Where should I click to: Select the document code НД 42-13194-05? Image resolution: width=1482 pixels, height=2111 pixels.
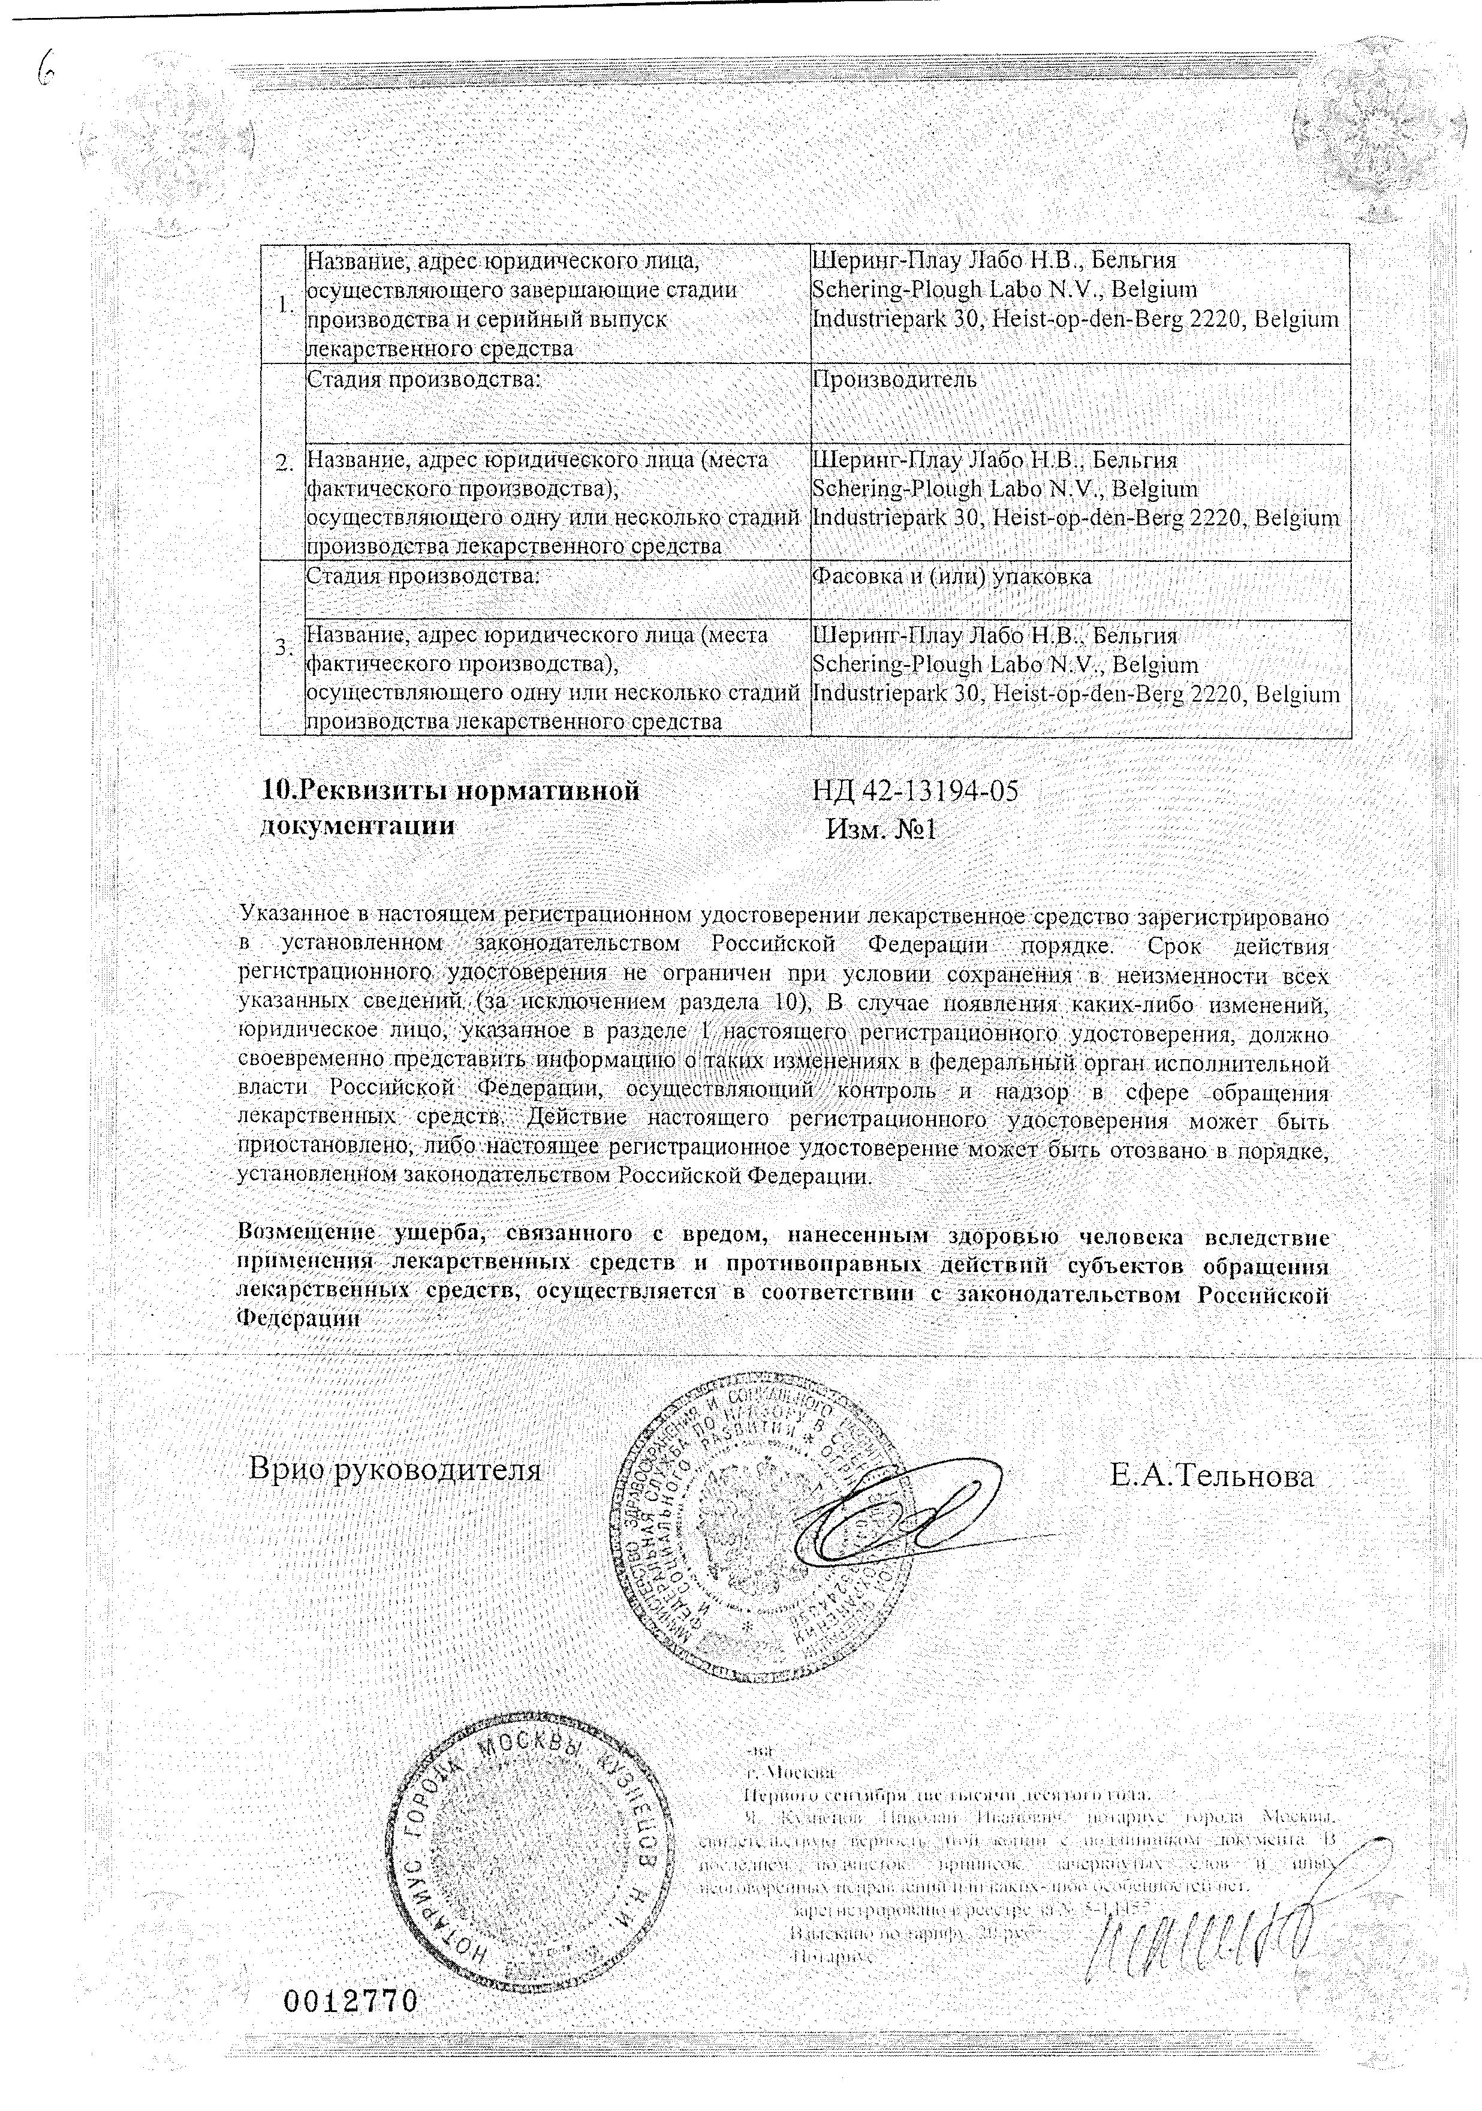(x=915, y=790)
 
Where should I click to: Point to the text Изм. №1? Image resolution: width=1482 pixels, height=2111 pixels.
(x=881, y=829)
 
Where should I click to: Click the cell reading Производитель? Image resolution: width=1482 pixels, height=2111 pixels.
(x=894, y=380)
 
